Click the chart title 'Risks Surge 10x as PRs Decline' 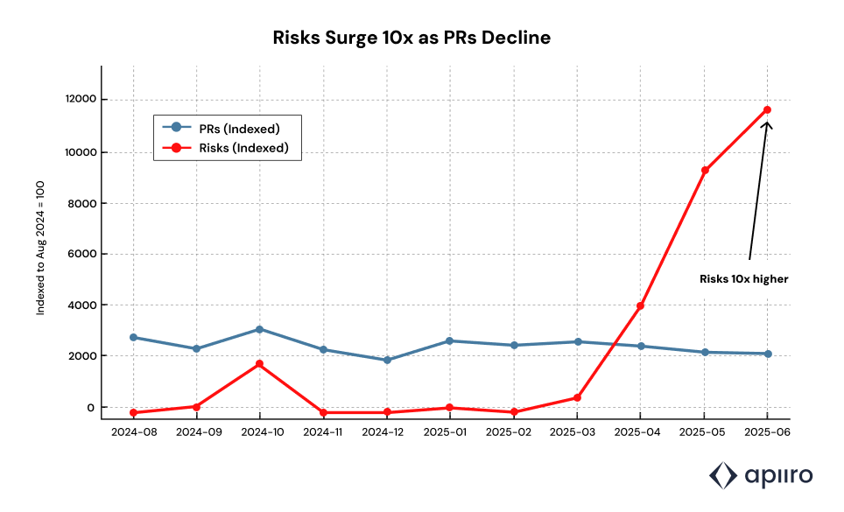(411, 38)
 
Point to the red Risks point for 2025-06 (767, 109)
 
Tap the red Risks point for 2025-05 (704, 170)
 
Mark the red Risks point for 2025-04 (640, 305)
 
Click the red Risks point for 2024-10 (259, 363)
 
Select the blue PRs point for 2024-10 (259, 329)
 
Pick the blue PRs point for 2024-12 (386, 360)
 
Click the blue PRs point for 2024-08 (133, 337)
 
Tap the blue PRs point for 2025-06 (767, 354)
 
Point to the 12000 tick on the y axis (79, 100)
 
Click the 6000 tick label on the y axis (81, 254)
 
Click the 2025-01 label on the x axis (450, 433)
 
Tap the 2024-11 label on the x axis (323, 433)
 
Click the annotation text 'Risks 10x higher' (744, 279)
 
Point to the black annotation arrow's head (767, 123)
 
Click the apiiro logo (760, 475)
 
